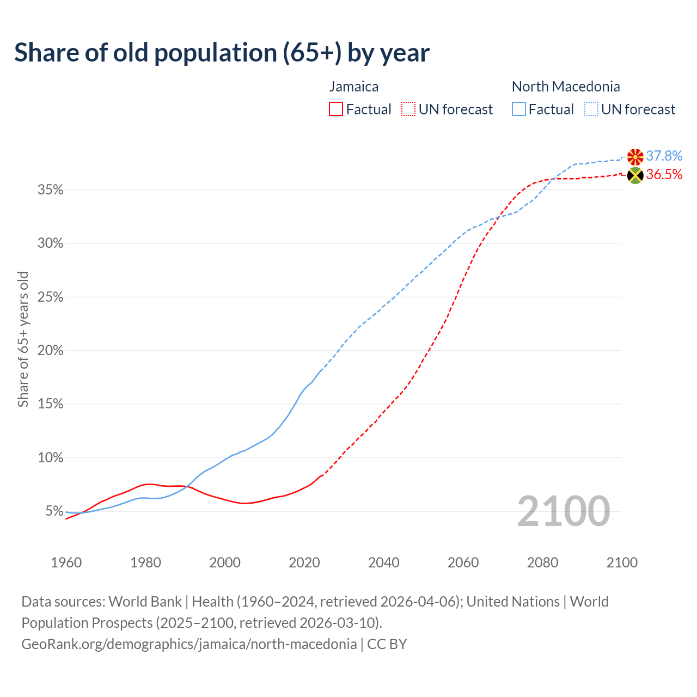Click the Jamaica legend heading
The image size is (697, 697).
tap(353, 87)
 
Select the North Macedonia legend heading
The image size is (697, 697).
tap(566, 87)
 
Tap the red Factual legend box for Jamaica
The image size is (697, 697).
tap(336, 109)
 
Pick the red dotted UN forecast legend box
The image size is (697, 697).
tap(408, 109)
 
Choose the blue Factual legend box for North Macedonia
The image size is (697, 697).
tap(519, 109)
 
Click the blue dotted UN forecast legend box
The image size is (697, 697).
tap(591, 109)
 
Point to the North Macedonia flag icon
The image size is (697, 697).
tap(635, 157)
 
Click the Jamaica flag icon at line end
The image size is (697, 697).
tap(635, 175)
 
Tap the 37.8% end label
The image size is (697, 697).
tap(664, 156)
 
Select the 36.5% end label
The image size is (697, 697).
tap(664, 174)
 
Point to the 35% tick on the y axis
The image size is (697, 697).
tap(50, 190)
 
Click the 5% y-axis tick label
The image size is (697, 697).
tap(54, 511)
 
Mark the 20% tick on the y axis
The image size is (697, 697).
tap(50, 351)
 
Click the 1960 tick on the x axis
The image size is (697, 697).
tap(66, 563)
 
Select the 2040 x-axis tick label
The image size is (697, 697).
tap(383, 563)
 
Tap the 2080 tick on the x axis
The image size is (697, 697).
tap(542, 563)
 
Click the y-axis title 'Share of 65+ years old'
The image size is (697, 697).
tap(23, 339)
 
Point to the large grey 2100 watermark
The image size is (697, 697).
tap(563, 511)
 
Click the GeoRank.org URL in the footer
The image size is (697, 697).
tap(189, 644)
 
